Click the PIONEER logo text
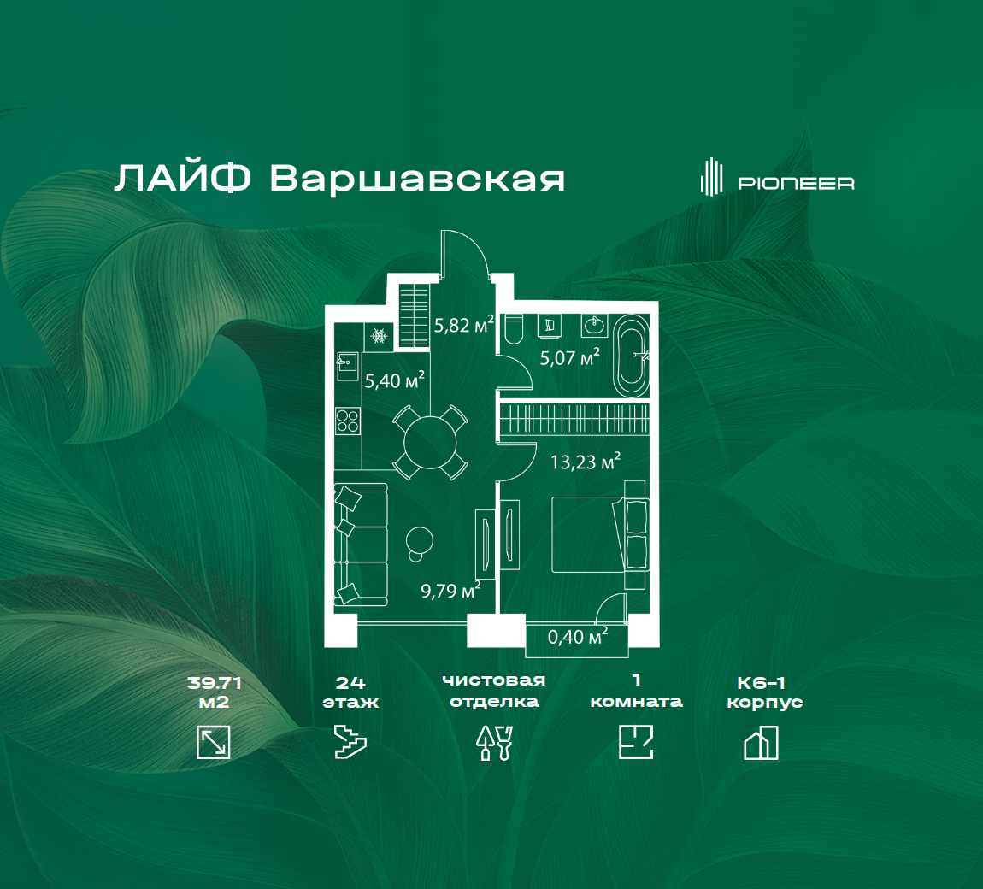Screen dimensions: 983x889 point(796,183)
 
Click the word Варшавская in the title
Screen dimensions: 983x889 point(417,179)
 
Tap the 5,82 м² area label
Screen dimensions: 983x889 point(464,325)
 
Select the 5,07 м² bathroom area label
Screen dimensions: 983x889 point(570,357)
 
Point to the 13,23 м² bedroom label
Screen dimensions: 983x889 point(586,462)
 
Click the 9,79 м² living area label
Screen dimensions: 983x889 point(450,590)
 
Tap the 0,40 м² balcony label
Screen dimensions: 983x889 point(577,636)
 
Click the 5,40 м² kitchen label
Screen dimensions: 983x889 point(394,380)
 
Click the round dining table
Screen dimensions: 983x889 point(430,443)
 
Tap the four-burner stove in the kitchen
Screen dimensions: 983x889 point(347,421)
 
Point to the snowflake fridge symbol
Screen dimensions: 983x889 point(379,337)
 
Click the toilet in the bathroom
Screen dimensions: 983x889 point(513,328)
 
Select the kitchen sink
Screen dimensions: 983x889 point(347,366)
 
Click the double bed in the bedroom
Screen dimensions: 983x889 point(598,534)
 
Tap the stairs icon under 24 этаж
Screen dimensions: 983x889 point(350,742)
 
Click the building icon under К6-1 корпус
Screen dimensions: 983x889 point(761,743)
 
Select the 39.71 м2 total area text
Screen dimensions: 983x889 point(214,692)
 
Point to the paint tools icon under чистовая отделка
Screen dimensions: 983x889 point(495,743)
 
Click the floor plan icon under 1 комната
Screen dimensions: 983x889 point(636,742)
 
